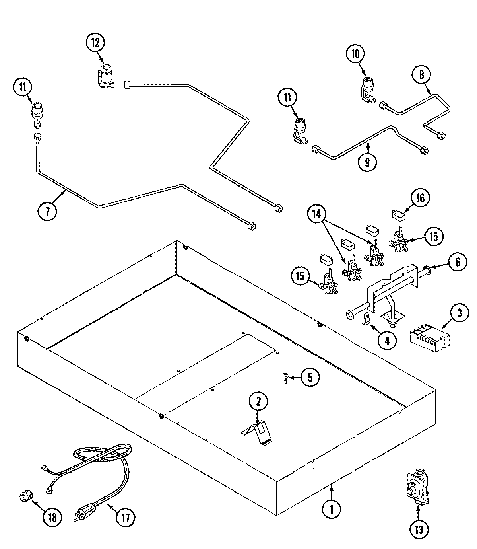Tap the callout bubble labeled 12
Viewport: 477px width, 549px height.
pos(95,43)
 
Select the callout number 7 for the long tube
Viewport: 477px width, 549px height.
pos(47,211)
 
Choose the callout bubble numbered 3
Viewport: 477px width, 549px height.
pos(459,313)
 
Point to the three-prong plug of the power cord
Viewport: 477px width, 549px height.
pos(83,512)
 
